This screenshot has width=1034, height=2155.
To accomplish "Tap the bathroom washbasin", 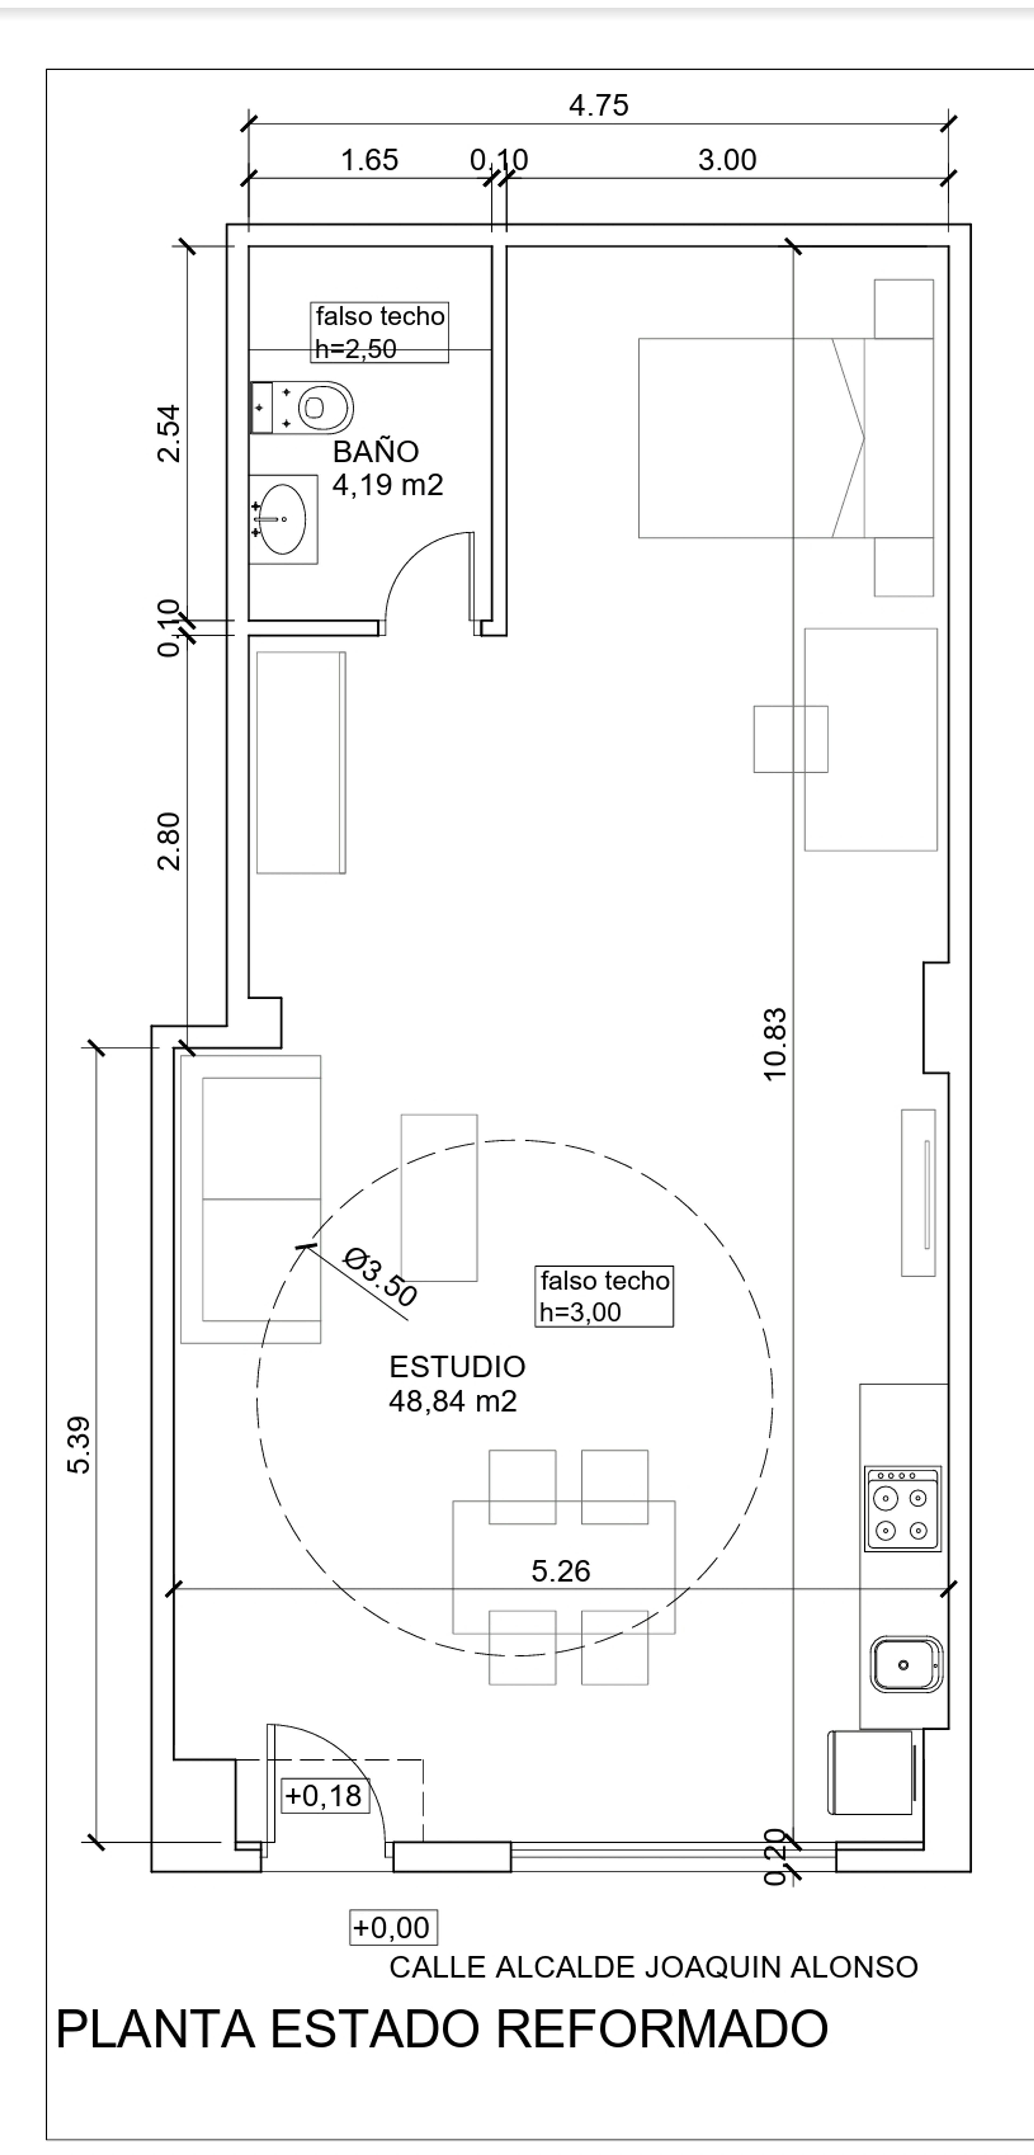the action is click(x=283, y=520).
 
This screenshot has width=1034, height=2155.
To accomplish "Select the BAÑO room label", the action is click(x=376, y=452).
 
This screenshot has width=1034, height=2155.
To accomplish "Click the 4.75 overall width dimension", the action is click(x=598, y=105).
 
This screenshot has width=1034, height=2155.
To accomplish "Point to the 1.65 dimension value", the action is click(x=369, y=160).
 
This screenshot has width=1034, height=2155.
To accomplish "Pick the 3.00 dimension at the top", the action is click(x=727, y=160).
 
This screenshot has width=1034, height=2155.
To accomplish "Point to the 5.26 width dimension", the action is click(x=561, y=1571).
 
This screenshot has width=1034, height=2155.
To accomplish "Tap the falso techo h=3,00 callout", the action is click(x=604, y=1296).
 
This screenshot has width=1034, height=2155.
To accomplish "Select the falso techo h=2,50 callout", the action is click(x=380, y=332).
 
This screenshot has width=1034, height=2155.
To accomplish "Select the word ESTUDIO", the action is click(x=457, y=1367).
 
